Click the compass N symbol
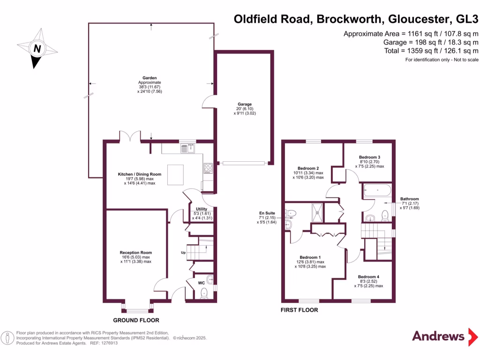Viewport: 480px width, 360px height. point(37,48)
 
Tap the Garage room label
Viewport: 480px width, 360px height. point(245,104)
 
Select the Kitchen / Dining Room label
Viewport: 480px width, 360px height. point(139,174)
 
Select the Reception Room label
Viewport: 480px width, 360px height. point(135,252)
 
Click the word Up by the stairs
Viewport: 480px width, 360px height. point(183,253)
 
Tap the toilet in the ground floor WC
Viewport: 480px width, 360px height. point(204,293)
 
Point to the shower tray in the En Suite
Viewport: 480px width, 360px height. point(317,212)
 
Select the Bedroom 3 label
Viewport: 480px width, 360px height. point(369,157)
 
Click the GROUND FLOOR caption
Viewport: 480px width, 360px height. point(136,320)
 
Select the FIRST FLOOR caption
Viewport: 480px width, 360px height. point(299,310)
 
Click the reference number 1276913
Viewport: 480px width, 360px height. point(108,343)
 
